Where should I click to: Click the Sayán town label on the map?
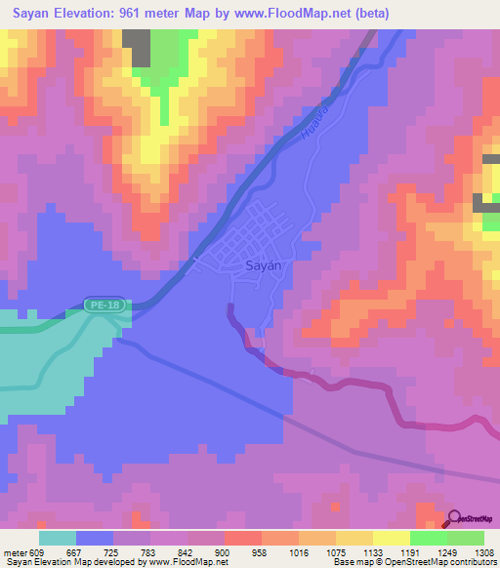263,265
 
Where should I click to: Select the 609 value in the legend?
38,550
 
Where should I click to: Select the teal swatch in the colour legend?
58,537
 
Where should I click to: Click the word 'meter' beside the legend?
14,550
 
